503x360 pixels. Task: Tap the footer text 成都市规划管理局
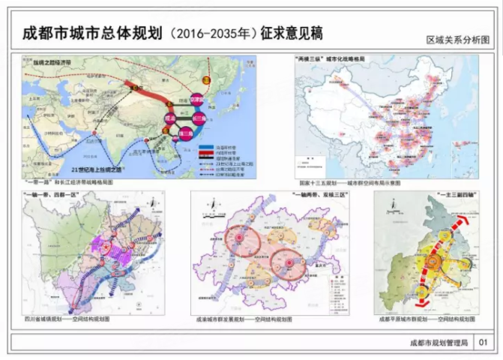click(439, 342)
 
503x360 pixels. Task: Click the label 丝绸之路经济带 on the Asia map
click(48, 64)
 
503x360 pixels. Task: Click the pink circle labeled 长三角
click(199, 118)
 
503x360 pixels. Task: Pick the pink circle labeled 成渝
click(169, 118)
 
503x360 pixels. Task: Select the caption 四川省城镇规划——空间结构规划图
click(67, 319)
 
